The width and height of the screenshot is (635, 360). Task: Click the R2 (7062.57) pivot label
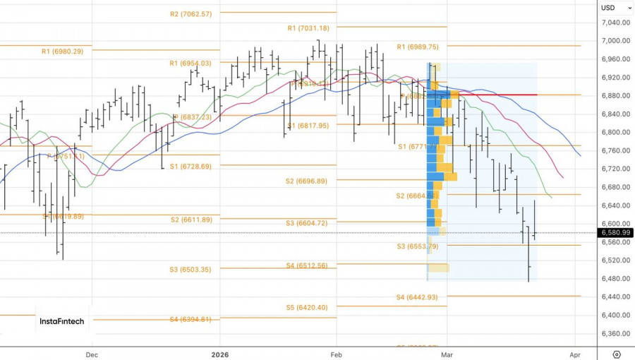pyautogui.click(x=190, y=14)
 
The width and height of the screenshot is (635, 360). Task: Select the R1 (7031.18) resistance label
pyautogui.click(x=308, y=28)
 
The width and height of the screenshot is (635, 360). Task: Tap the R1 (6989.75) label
pyautogui.click(x=418, y=47)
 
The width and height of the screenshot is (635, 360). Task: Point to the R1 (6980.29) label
pyautogui.click(x=62, y=51)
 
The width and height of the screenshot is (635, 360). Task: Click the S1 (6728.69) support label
pyautogui.click(x=190, y=167)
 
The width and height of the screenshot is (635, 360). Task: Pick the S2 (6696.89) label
pyautogui.click(x=306, y=181)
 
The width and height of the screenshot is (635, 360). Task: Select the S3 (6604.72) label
pyautogui.click(x=306, y=223)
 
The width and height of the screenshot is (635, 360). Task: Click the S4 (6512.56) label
pyautogui.click(x=306, y=265)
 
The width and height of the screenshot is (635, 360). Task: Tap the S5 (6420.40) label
pyautogui.click(x=306, y=308)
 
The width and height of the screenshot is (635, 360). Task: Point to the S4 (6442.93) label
pyautogui.click(x=417, y=297)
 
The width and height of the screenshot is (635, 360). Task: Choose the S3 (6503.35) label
pyautogui.click(x=190, y=270)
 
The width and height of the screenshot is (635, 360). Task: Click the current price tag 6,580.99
pyautogui.click(x=616, y=233)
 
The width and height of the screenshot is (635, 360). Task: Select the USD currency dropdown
pyautogui.click(x=611, y=8)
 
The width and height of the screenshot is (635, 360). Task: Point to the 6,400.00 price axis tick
pyautogui.click(x=616, y=316)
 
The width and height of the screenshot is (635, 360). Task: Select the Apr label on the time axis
pyautogui.click(x=575, y=355)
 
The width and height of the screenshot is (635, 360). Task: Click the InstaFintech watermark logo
pyautogui.click(x=62, y=322)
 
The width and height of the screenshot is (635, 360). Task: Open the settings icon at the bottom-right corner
pyautogui.click(x=617, y=354)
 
